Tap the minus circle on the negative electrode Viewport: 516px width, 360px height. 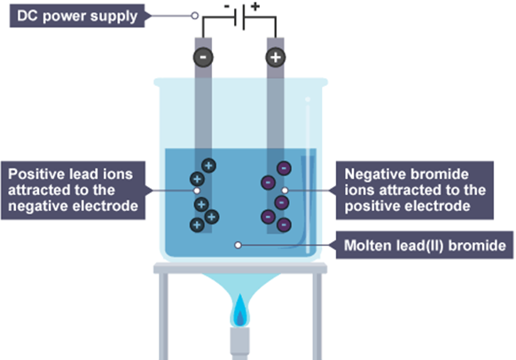click(203, 58)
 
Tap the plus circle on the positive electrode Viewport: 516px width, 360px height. click(276, 58)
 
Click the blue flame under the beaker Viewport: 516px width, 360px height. click(240, 311)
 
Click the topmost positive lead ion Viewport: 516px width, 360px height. click(208, 166)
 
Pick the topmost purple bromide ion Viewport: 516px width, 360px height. click(284, 168)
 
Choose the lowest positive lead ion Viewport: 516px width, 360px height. click(197, 225)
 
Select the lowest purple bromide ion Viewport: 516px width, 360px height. click(284, 225)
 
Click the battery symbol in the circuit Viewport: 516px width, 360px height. click(239, 18)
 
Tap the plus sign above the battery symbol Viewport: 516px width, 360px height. click(255, 6)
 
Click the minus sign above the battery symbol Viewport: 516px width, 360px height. click(227, 6)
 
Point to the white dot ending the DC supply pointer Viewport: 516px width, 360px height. click(195, 15)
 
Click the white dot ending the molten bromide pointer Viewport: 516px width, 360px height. click(238, 245)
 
